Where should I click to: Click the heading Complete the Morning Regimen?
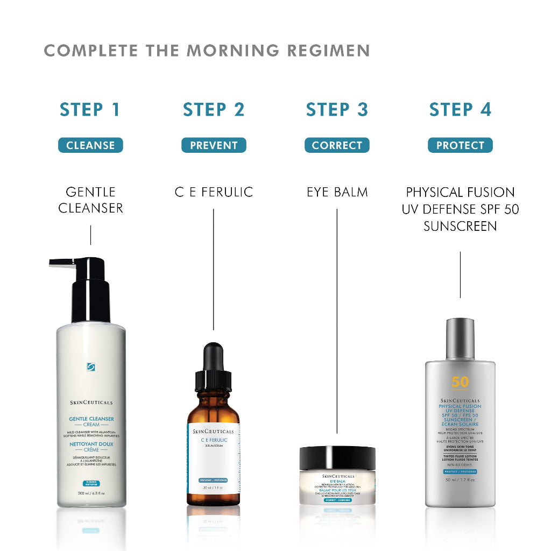pyautogui.click(x=207, y=51)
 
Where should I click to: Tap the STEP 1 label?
pyautogui.click(x=90, y=110)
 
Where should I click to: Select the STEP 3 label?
pyautogui.click(x=337, y=110)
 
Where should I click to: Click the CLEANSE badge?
pyautogui.click(x=90, y=145)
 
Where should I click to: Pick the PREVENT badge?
pyautogui.click(x=214, y=145)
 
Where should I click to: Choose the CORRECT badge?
pyautogui.click(x=337, y=145)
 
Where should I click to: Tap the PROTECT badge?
pyautogui.click(x=460, y=145)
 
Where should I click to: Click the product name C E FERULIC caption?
pyautogui.click(x=214, y=192)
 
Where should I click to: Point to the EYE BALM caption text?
pyautogui.click(x=337, y=192)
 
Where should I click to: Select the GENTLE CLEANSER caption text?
pyautogui.click(x=90, y=200)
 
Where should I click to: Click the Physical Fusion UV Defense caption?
pyautogui.click(x=460, y=209)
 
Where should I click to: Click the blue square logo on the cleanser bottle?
pyautogui.click(x=91, y=367)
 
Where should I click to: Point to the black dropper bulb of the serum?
pyautogui.click(x=213, y=357)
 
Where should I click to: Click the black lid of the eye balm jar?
pyautogui.click(x=337, y=457)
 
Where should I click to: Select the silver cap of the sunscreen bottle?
pyautogui.click(x=460, y=339)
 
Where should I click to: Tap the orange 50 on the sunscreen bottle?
pyautogui.click(x=460, y=382)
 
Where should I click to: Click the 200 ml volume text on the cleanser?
pyautogui.click(x=90, y=493)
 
